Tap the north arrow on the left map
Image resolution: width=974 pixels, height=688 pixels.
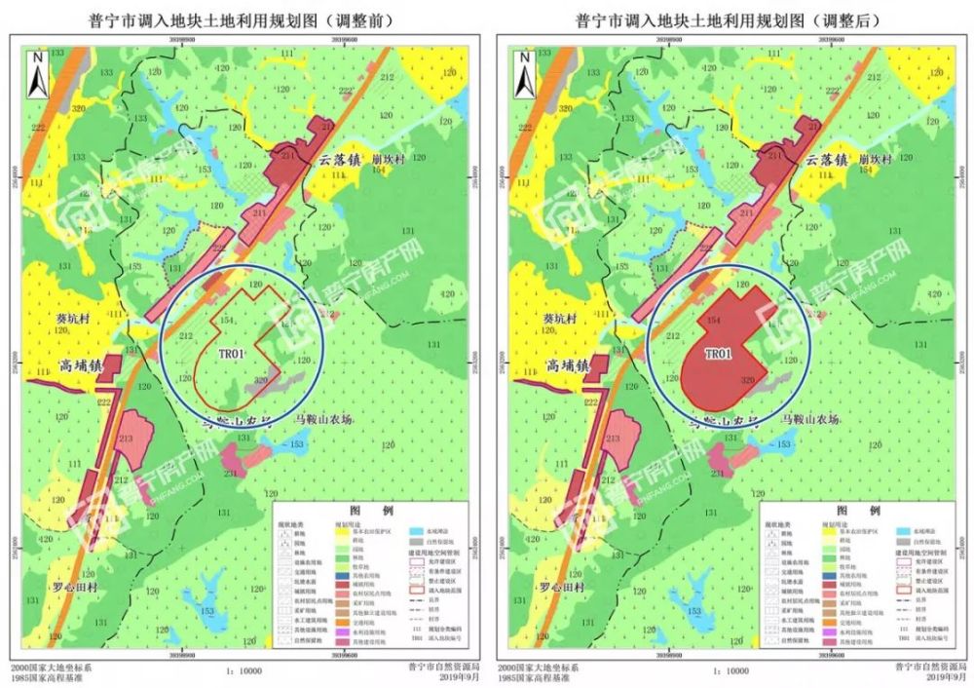coord(37,74)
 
